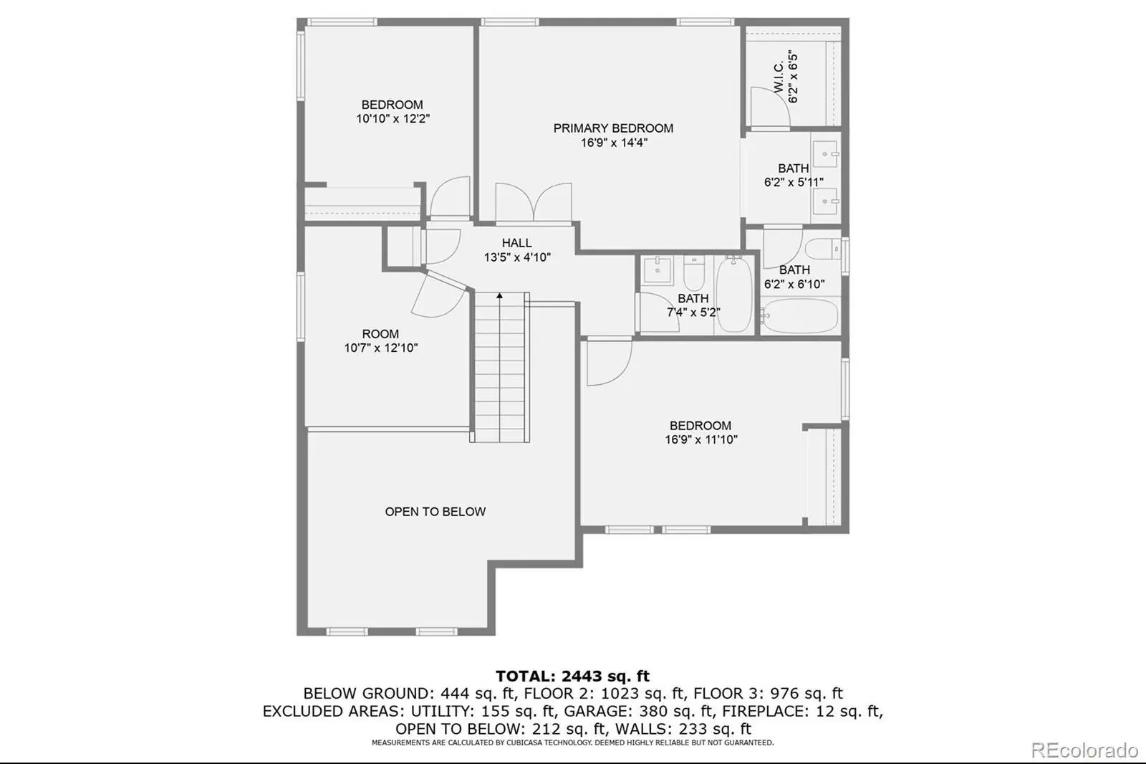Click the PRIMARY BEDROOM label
(613, 128)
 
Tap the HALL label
(516, 243)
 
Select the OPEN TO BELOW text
(435, 512)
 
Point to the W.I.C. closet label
(779, 77)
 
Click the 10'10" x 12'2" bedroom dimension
(393, 119)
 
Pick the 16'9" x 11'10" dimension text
(701, 439)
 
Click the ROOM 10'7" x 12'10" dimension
(380, 348)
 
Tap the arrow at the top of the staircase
(499, 295)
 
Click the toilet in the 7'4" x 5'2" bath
(694, 274)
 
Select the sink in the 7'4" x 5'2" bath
(657, 270)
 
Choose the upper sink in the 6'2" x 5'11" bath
(824, 153)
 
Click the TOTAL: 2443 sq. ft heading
(572, 677)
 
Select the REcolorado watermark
(1084, 750)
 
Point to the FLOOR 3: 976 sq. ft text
(768, 693)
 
